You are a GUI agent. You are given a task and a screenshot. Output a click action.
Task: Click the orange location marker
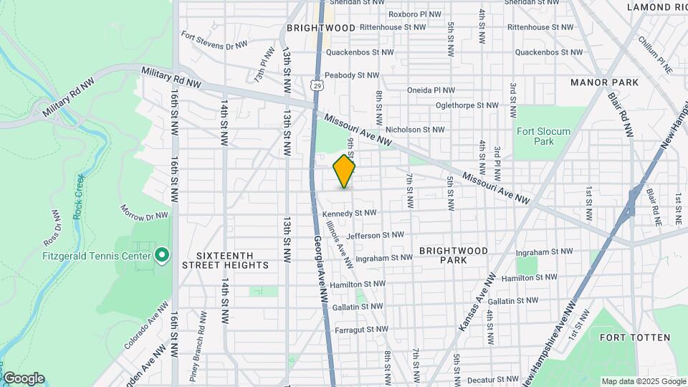344,172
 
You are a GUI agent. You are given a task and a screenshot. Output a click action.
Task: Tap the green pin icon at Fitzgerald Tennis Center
162,255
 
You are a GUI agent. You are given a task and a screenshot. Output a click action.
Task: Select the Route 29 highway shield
317,86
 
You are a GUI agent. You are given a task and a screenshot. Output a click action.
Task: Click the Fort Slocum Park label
543,136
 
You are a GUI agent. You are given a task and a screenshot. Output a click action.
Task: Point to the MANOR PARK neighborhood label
604,82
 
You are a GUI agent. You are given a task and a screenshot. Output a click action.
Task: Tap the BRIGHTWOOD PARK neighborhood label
454,255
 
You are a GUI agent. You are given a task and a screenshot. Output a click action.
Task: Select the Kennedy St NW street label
349,213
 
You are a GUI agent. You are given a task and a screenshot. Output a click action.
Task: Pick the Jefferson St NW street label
375,234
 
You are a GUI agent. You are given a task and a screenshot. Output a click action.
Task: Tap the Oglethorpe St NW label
467,105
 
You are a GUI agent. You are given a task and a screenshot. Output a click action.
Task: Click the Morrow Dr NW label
143,214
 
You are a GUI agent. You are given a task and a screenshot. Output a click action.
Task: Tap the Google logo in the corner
23,378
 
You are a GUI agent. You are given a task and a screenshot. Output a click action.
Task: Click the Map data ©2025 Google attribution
643,381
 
